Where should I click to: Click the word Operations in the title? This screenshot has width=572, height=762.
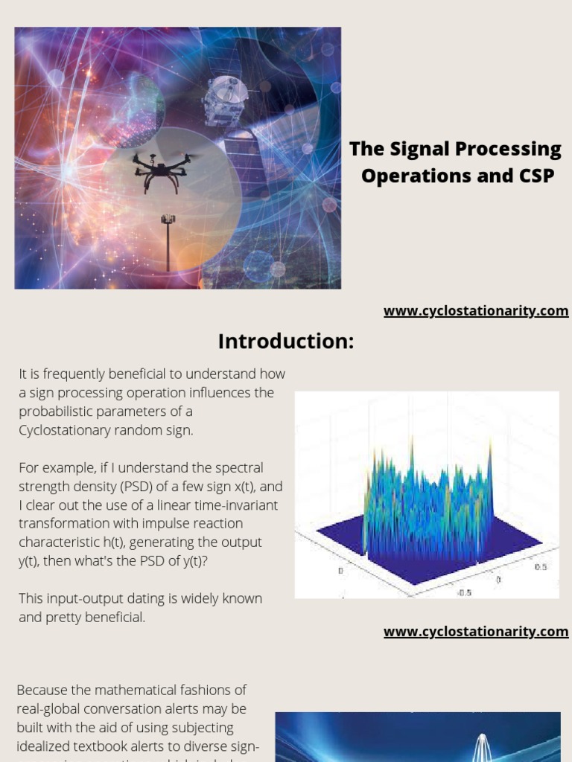click(406, 176)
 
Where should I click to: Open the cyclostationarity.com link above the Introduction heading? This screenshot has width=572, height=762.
click(476, 311)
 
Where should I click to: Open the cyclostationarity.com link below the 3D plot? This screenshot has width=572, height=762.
click(476, 632)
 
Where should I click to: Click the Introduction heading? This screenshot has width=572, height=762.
click(286, 342)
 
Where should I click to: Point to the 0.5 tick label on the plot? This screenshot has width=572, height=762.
click(541, 566)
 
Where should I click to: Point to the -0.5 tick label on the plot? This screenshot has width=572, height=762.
click(464, 593)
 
